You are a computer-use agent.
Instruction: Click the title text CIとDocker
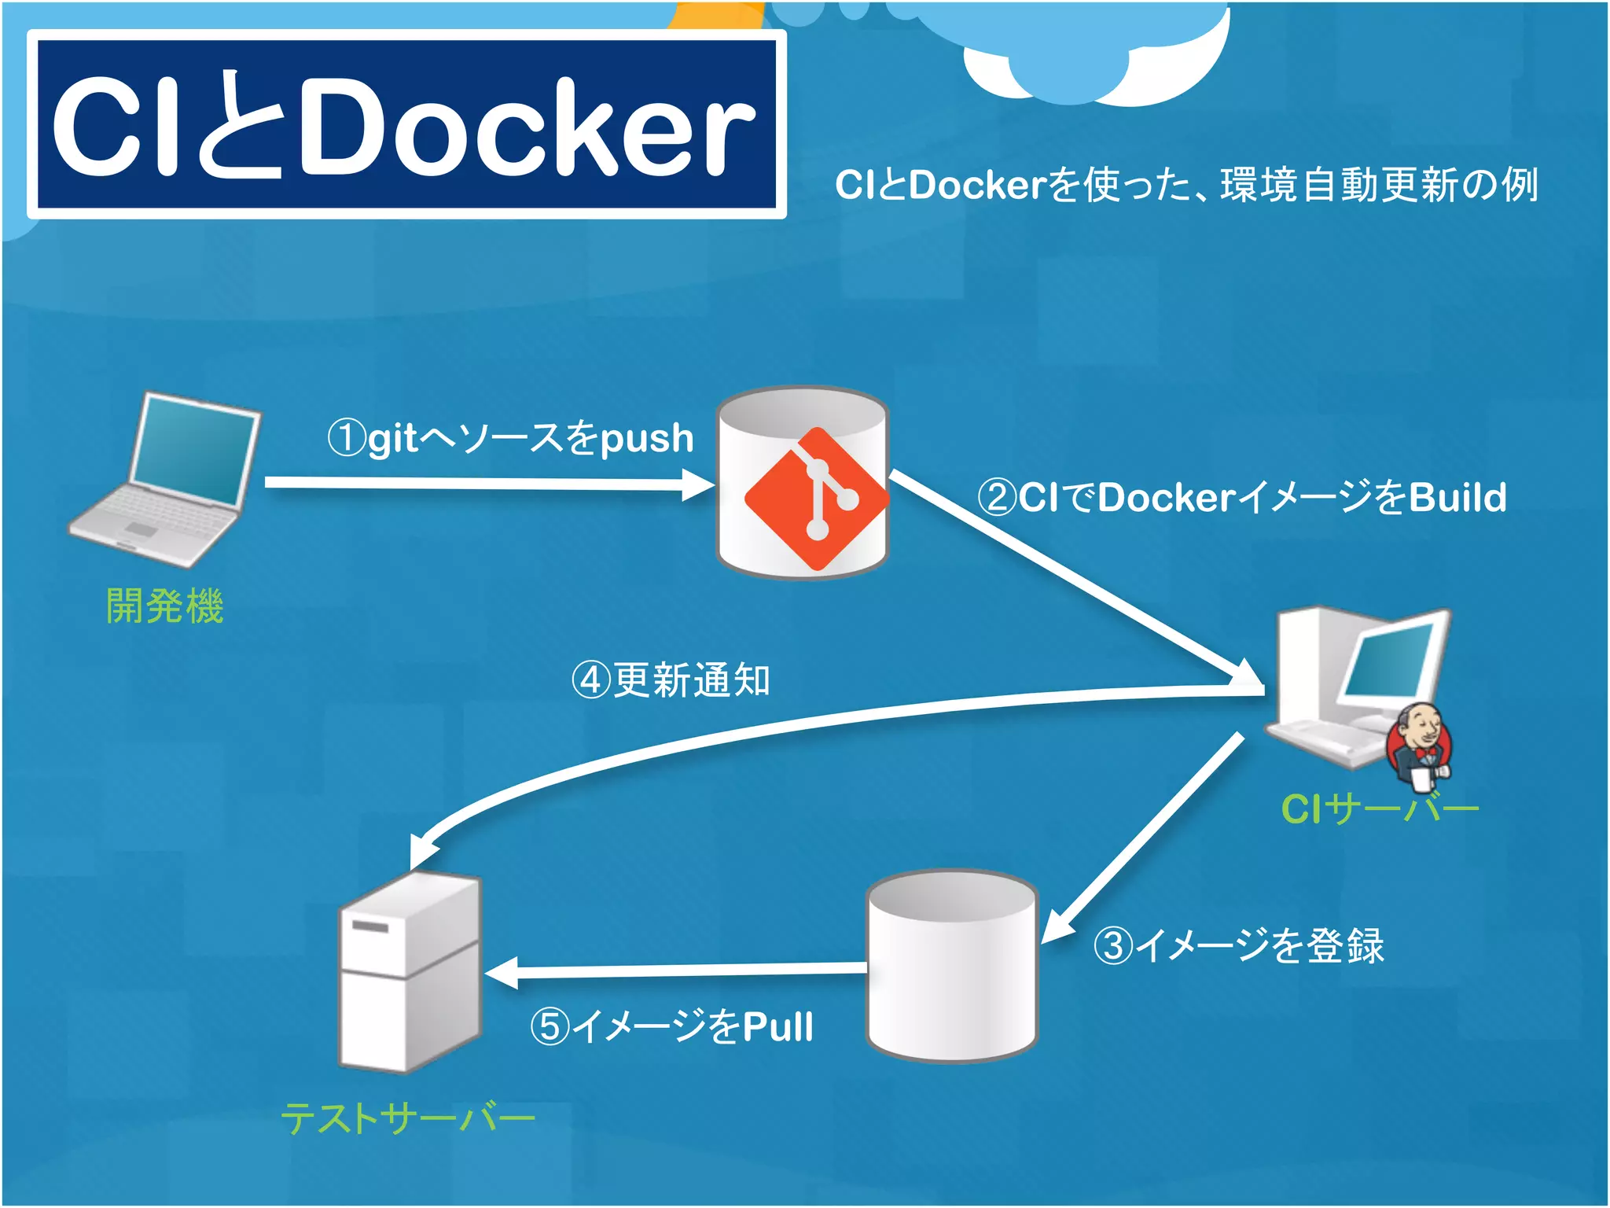(x=405, y=126)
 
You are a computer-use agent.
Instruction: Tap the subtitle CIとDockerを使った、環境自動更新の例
(x=1185, y=186)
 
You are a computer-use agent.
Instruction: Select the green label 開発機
(x=165, y=606)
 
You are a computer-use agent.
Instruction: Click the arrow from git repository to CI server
(x=1069, y=574)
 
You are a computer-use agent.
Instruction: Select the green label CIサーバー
(x=1380, y=808)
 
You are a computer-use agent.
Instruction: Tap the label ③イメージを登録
(x=1239, y=945)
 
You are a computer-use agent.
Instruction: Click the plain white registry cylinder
(x=952, y=967)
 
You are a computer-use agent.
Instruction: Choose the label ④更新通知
(x=671, y=680)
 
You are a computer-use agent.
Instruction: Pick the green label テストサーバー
(x=407, y=1118)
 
